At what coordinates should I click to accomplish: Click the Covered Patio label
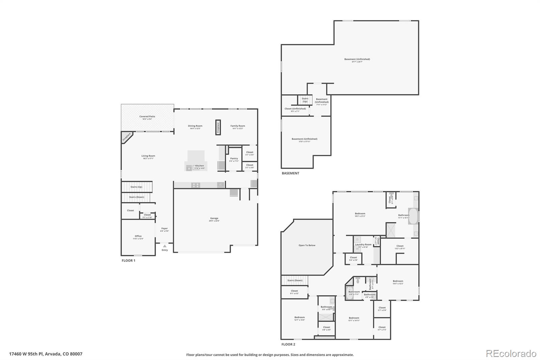click(147, 117)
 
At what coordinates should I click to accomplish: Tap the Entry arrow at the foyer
click(165, 246)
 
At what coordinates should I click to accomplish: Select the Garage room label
click(214, 218)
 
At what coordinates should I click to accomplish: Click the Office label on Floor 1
click(138, 236)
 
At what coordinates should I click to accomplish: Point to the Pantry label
click(234, 158)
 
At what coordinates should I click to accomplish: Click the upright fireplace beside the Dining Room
click(218, 127)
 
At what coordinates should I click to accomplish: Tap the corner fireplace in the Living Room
click(126, 137)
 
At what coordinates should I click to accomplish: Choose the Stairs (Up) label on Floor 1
click(136, 187)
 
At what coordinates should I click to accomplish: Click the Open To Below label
click(307, 245)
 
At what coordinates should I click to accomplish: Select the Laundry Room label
click(363, 245)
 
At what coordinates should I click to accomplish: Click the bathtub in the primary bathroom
click(413, 216)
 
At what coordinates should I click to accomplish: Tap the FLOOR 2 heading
click(288, 344)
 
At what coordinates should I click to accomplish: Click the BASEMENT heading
click(290, 173)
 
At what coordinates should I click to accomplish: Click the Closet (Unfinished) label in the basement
click(295, 109)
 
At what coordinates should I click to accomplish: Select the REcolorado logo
click(511, 354)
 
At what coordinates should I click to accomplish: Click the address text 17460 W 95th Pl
click(46, 354)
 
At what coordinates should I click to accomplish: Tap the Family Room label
click(238, 126)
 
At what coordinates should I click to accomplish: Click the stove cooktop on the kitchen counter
click(195, 185)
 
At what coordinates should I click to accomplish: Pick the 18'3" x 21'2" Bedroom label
click(360, 213)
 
